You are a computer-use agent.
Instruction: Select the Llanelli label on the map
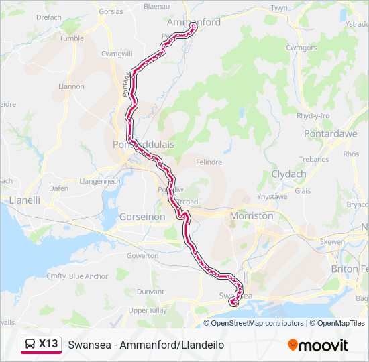25,200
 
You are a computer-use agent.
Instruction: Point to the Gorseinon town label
142,217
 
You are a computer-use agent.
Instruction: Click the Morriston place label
252,216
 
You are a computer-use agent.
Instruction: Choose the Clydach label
288,174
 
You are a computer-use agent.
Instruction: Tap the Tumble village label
72,38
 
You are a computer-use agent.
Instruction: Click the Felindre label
208,162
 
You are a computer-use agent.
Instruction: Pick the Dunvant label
150,292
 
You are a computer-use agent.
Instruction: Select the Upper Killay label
148,311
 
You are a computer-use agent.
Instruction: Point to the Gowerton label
143,256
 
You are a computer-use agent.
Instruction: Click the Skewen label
333,241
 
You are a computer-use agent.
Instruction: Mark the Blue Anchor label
88,276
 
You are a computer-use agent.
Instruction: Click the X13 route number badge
48,344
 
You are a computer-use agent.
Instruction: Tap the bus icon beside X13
31,345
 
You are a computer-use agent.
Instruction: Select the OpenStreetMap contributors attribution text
258,323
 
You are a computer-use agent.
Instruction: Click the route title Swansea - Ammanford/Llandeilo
146,345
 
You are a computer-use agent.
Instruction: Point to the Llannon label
72,86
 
